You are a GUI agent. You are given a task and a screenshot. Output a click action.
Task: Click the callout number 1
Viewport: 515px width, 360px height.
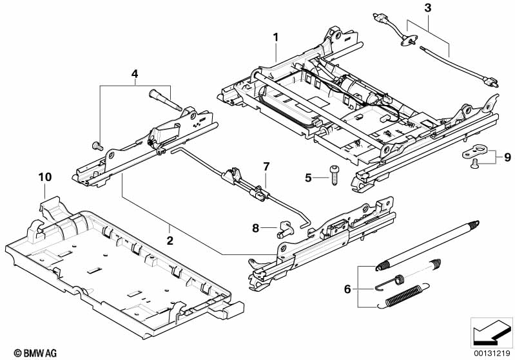[x=275, y=37]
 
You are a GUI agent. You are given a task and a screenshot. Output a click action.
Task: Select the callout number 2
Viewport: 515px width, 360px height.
[x=170, y=242]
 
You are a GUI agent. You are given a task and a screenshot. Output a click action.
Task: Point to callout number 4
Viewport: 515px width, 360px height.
[x=135, y=73]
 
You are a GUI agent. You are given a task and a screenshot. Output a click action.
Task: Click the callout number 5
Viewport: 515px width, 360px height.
[x=308, y=176]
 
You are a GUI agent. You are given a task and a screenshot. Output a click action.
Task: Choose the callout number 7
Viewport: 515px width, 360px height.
[x=265, y=167]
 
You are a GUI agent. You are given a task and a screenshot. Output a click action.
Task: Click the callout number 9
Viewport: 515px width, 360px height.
[x=507, y=156]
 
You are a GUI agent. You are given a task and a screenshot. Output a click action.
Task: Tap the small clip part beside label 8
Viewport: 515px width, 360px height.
[x=284, y=227]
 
